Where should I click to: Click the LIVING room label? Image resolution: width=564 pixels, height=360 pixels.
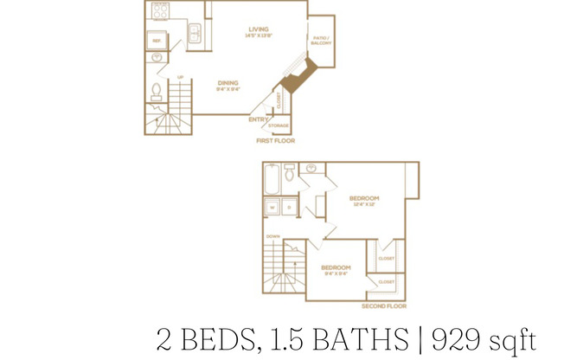(x=259, y=30)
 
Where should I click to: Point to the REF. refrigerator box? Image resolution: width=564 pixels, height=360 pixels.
(x=157, y=41)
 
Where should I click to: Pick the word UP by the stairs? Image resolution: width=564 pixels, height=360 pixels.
(x=180, y=78)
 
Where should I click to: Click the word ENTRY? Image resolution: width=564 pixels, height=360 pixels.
(x=257, y=119)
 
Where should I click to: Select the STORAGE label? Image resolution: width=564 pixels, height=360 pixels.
(x=279, y=125)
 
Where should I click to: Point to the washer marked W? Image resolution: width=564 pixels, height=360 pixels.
(x=271, y=207)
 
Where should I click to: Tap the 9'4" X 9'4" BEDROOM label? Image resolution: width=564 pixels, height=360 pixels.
(x=336, y=270)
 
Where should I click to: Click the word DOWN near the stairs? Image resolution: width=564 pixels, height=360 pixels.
(x=273, y=235)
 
